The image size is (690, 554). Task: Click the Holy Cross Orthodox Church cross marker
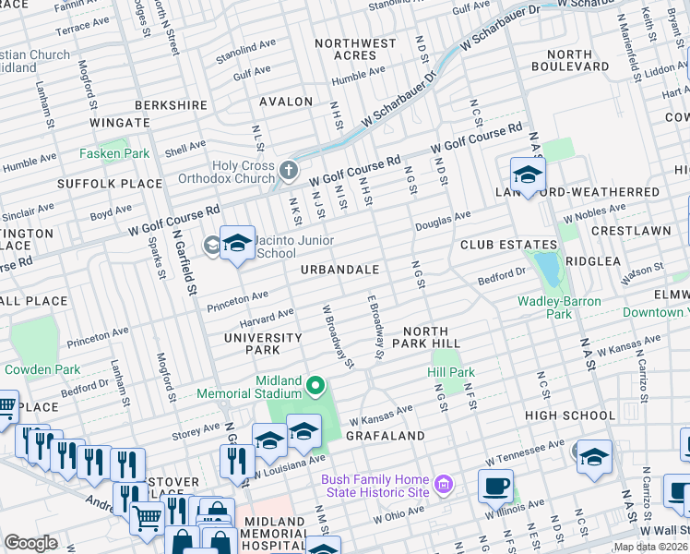pyautogui.click(x=290, y=170)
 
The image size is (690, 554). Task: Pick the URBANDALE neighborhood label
pyautogui.click(x=339, y=271)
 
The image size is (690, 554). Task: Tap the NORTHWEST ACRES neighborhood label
pyautogui.click(x=356, y=49)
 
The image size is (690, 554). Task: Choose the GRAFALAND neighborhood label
pyautogui.click(x=386, y=435)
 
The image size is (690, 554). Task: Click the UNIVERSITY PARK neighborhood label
pyautogui.click(x=264, y=344)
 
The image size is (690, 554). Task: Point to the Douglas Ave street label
pyautogui.click(x=443, y=220)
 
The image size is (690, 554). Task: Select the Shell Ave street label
pyautogui.click(x=184, y=148)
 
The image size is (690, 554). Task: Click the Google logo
pyautogui.click(x=30, y=543)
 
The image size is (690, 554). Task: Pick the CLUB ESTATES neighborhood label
pyautogui.click(x=501, y=246)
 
